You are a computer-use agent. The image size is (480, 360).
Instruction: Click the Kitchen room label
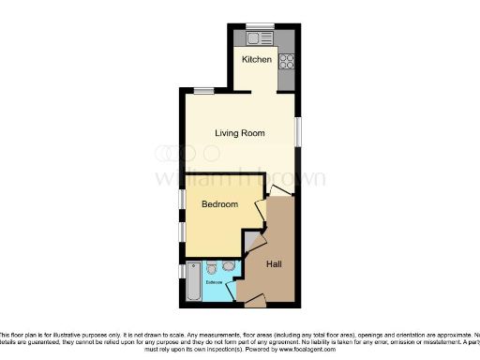point(257,60)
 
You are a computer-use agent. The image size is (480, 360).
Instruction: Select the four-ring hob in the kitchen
point(286,63)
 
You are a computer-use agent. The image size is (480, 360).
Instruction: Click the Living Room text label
point(241,133)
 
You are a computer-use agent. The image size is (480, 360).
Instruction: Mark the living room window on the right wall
point(299,131)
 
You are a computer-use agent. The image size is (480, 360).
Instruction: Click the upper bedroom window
point(182,200)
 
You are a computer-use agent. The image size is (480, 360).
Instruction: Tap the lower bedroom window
point(182,231)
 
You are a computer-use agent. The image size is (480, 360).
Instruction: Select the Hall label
point(275,265)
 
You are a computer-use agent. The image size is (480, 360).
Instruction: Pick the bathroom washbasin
point(230,265)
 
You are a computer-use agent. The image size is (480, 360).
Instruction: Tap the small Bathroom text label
point(215,281)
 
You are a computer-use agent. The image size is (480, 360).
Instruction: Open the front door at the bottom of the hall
point(253,299)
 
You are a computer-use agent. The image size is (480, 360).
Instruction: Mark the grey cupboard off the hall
point(249,241)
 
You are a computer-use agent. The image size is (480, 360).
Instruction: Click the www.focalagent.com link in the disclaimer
point(303,349)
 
